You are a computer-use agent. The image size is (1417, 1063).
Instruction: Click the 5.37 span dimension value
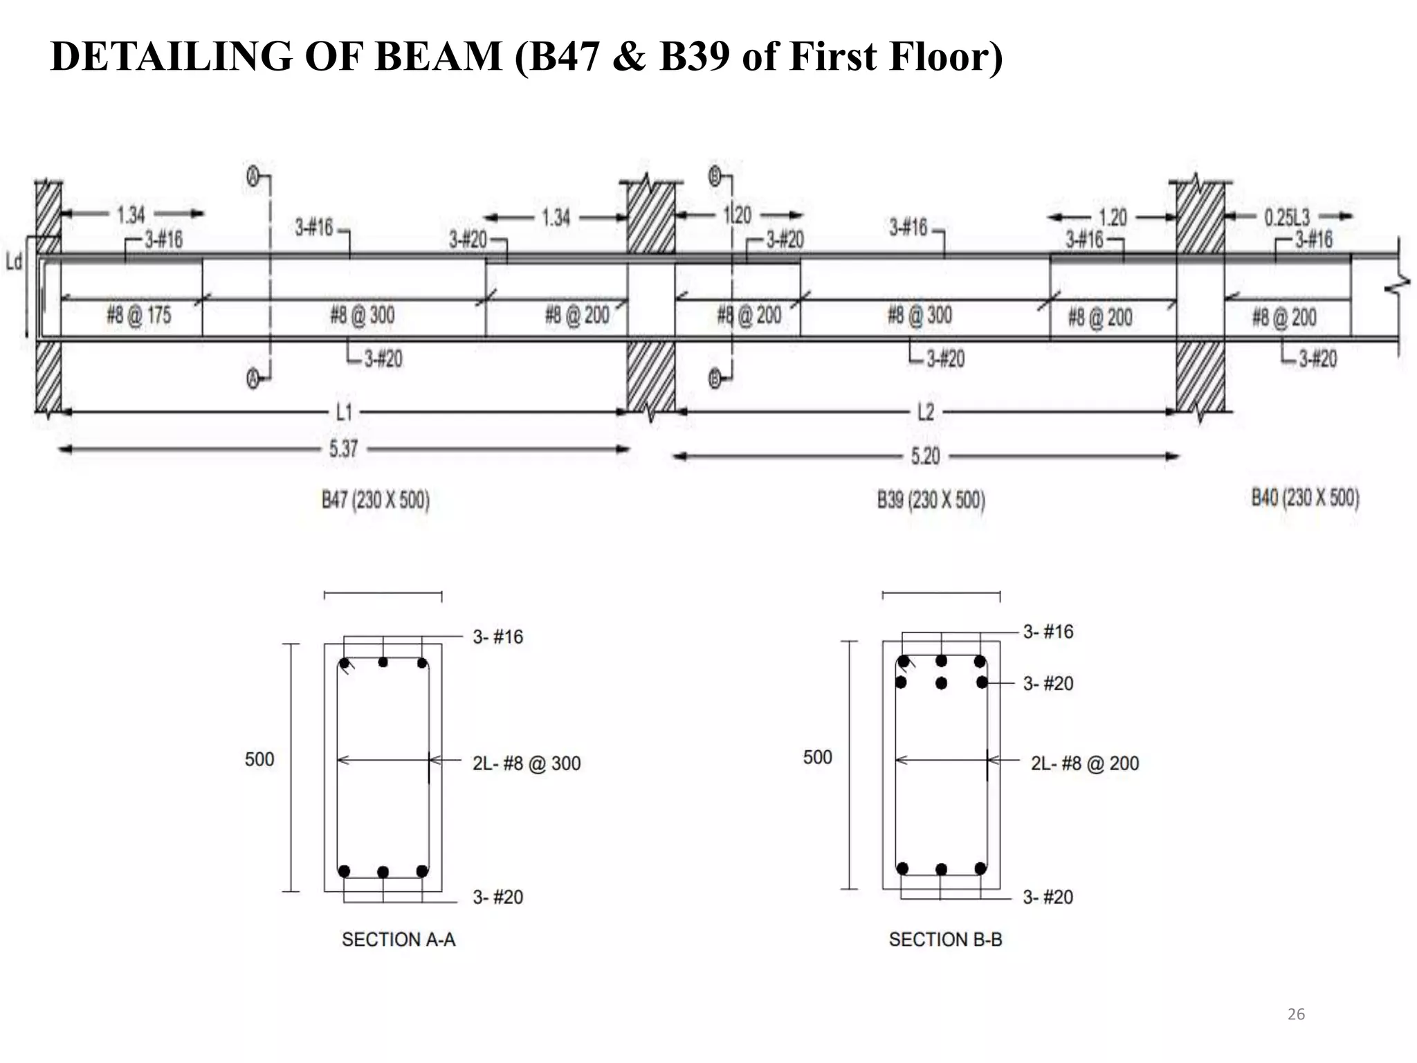(343, 449)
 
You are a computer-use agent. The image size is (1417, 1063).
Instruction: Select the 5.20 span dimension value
(925, 456)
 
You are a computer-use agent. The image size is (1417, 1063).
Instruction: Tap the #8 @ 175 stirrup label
(138, 316)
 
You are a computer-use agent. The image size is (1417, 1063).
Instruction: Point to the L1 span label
(344, 412)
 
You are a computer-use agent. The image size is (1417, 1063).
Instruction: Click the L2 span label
(925, 412)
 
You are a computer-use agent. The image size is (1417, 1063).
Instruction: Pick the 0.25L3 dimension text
(1287, 217)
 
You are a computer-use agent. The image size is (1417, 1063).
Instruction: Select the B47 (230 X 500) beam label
(375, 500)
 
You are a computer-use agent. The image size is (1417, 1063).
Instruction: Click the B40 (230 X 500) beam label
(1305, 498)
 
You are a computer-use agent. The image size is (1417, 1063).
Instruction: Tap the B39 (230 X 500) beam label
(931, 500)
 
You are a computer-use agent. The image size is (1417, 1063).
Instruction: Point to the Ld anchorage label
(14, 262)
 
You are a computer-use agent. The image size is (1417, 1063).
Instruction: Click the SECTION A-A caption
(399, 940)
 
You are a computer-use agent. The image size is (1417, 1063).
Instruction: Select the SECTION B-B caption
(945, 940)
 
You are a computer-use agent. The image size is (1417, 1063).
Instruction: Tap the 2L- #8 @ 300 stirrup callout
(527, 763)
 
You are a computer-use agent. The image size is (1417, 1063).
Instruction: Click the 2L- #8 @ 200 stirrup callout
(1084, 763)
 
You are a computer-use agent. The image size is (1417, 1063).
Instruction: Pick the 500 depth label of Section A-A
(259, 759)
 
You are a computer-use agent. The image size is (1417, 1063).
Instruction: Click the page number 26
(1296, 1014)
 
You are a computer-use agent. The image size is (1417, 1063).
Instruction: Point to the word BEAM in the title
(438, 56)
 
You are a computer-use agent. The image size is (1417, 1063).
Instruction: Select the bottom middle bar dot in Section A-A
(383, 872)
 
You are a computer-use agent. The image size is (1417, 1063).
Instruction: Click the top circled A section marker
(253, 178)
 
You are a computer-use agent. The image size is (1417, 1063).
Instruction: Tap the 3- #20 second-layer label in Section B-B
(1048, 684)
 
